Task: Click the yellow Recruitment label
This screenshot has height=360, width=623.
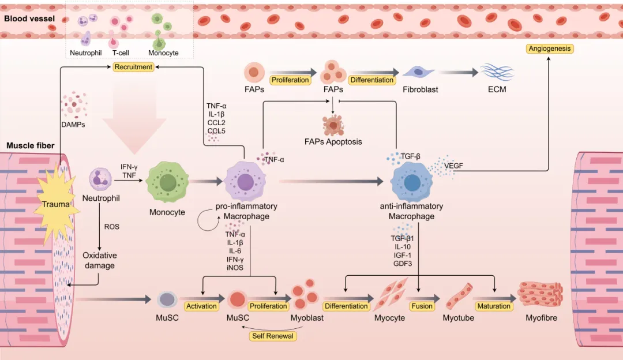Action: (133, 67)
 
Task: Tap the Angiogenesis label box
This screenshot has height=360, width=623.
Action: (550, 48)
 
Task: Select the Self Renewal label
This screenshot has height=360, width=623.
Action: (272, 336)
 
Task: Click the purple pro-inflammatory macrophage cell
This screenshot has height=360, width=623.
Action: (246, 182)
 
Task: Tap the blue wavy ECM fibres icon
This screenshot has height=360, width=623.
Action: (497, 72)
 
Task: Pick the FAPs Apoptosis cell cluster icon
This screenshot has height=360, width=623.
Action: (333, 124)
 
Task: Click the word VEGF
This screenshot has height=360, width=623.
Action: (453, 166)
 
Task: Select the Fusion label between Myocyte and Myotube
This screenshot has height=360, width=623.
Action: (422, 306)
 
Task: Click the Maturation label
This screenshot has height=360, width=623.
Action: (493, 306)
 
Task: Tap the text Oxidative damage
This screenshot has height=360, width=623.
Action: (100, 260)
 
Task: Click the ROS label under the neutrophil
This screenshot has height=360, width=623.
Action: (112, 227)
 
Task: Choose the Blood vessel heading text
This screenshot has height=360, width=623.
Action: (29, 18)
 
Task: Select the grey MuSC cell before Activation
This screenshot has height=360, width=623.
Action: (167, 299)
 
